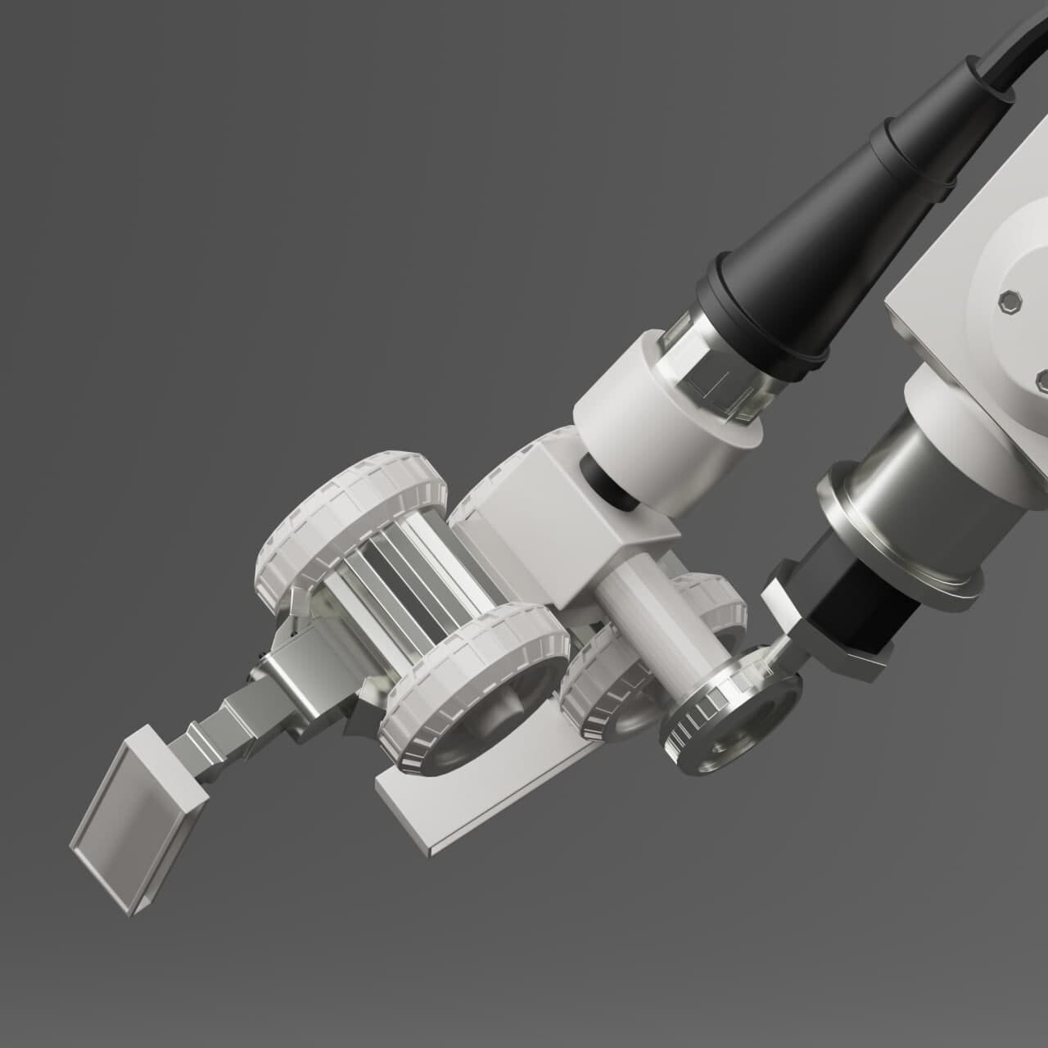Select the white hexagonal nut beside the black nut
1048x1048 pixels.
(x=782, y=606)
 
